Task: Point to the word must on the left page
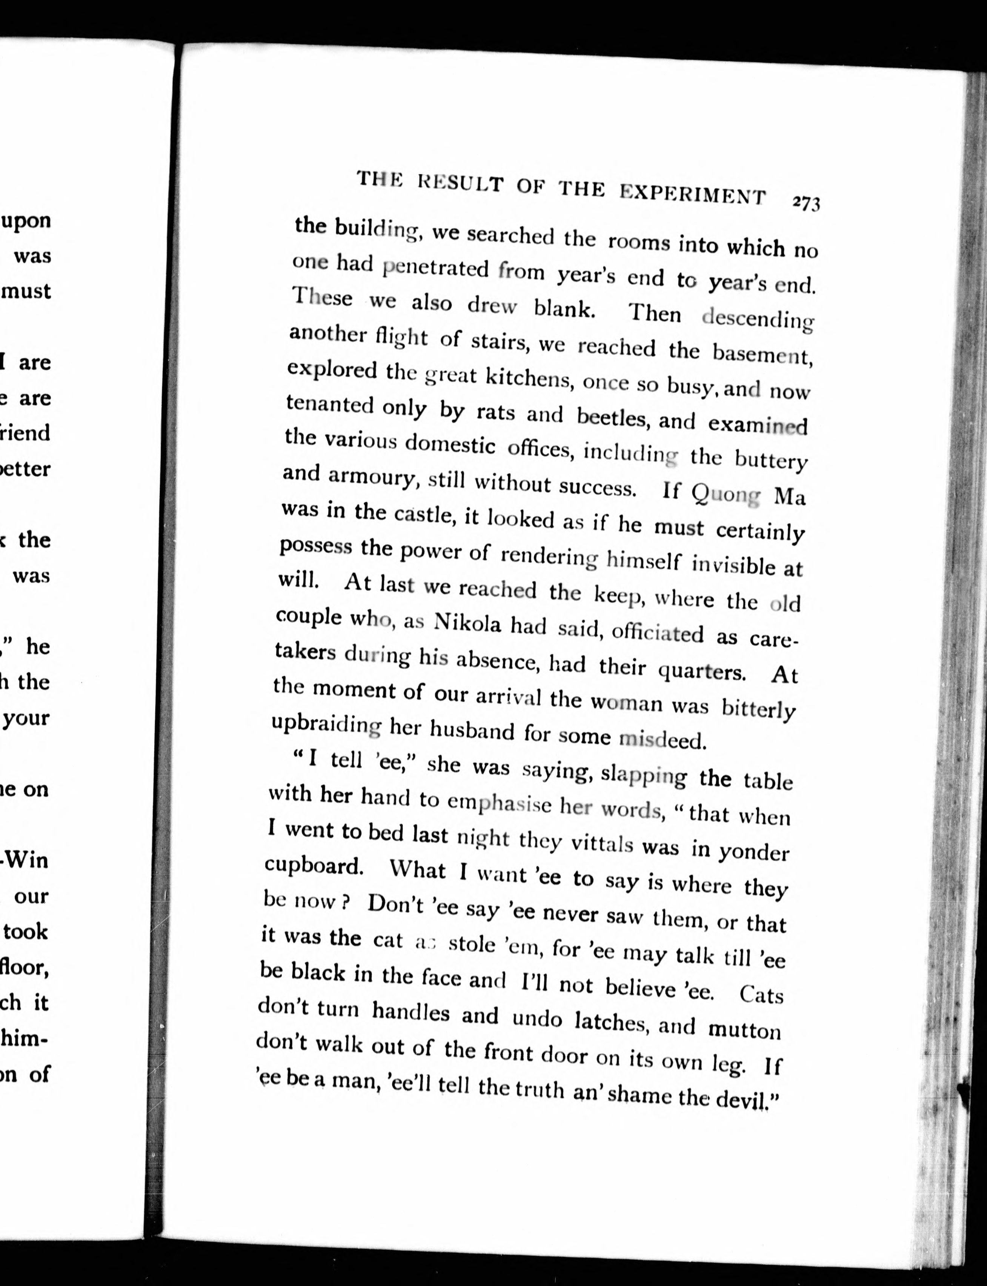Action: point(27,291)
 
